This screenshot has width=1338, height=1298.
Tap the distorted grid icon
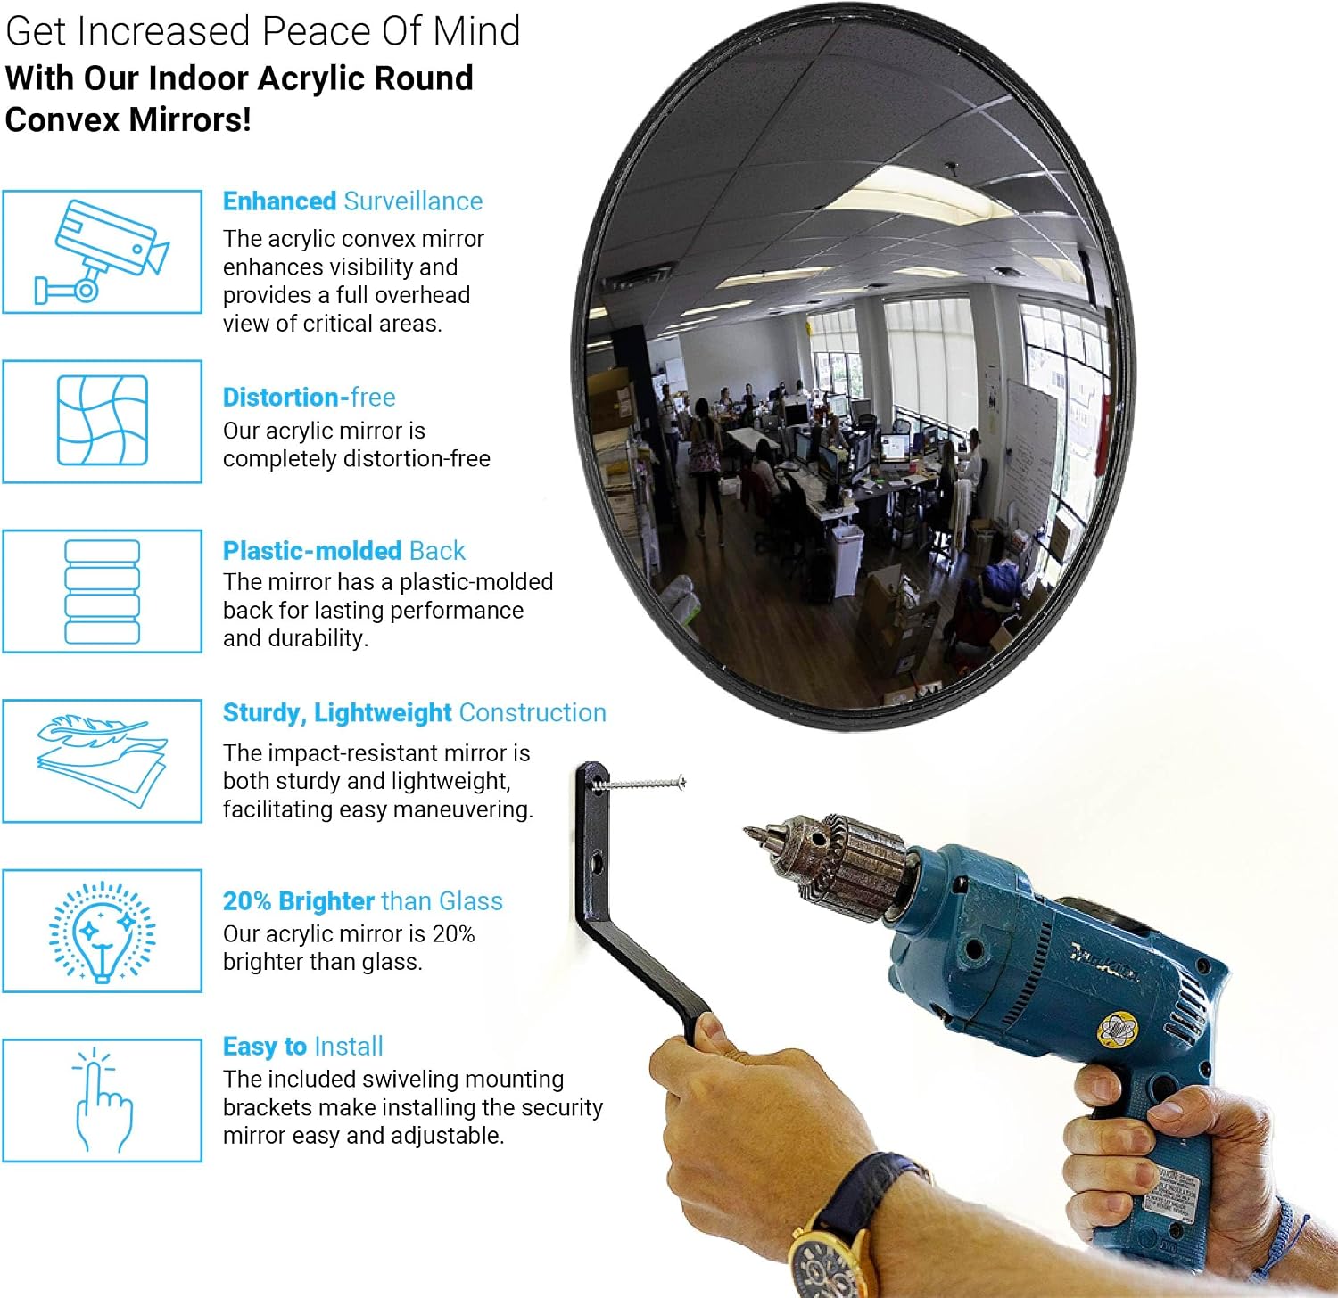[103, 421]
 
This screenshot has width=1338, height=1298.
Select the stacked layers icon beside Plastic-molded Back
[103, 591]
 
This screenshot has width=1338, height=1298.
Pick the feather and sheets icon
[102, 760]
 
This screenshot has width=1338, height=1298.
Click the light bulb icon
[102, 932]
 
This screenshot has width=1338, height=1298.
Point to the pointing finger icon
[103, 1101]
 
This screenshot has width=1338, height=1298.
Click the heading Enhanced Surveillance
[352, 201]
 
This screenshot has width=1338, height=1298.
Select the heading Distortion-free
[309, 397]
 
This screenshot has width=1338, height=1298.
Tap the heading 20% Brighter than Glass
[362, 901]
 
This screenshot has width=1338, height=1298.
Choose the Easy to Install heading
[302, 1047]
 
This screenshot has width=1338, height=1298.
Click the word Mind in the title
[476, 31]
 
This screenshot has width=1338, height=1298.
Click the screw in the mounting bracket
[640, 784]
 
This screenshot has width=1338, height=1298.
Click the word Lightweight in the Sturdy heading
[383, 713]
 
